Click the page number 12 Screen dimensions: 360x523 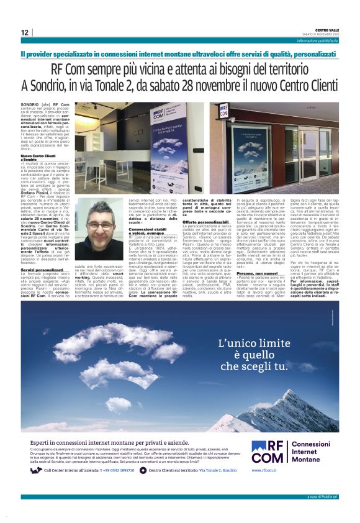click(x=24, y=32)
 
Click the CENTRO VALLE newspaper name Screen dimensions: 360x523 click(x=326, y=29)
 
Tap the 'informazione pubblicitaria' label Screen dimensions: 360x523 click(x=317, y=40)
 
